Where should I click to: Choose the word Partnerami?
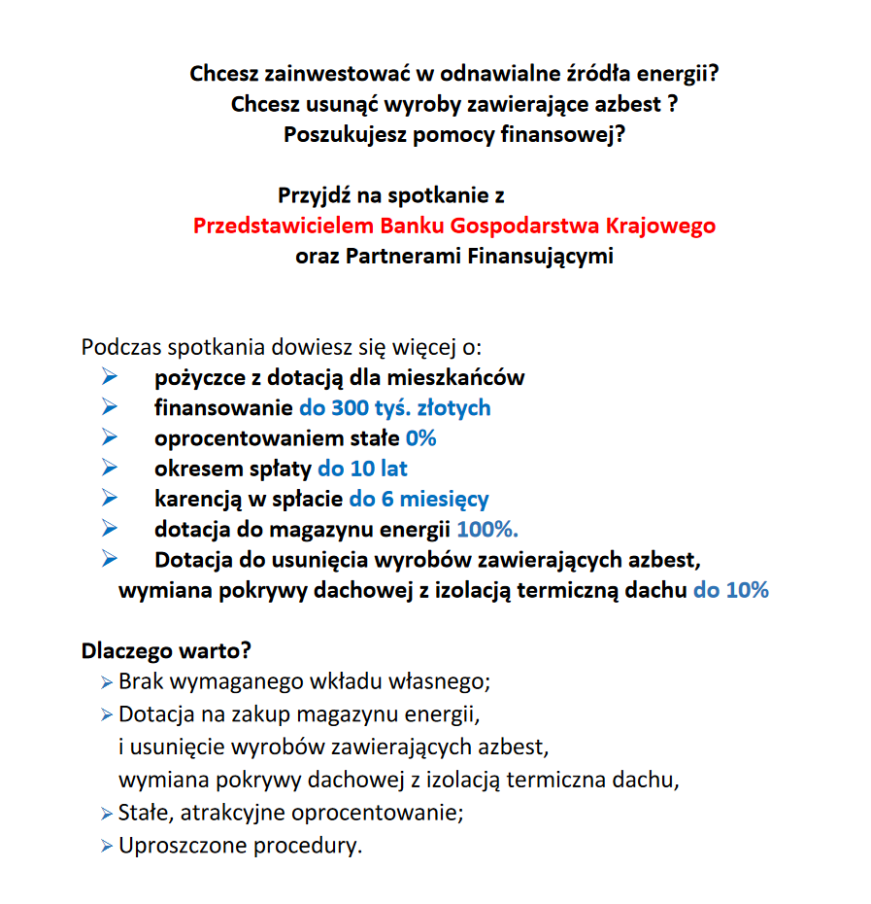click(x=405, y=258)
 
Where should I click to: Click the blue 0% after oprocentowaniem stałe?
click(x=421, y=438)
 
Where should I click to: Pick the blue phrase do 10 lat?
click(x=362, y=469)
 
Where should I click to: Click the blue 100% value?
click(x=486, y=530)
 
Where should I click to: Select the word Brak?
click(x=140, y=681)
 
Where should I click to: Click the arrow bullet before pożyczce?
click(x=109, y=377)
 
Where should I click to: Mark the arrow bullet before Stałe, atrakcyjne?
click(x=106, y=814)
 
